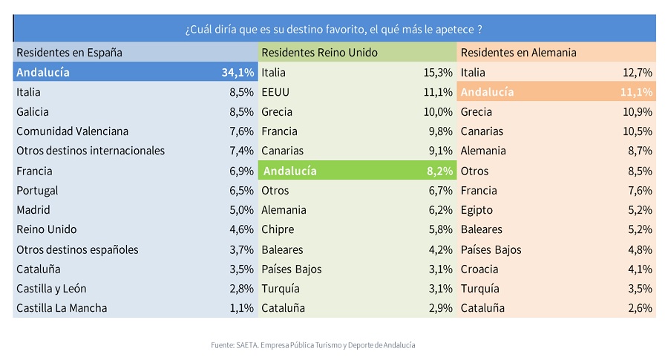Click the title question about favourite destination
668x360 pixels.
(x=333, y=30)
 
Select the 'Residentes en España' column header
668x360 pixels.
(x=70, y=53)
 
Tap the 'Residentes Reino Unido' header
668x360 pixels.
(x=319, y=53)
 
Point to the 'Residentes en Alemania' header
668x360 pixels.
(x=519, y=53)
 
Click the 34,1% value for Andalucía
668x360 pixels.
(x=238, y=73)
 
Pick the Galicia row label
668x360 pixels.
(x=33, y=111)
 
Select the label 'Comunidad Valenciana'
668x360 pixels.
(x=73, y=131)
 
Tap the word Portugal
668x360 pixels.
(x=37, y=191)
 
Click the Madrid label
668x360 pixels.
(x=33, y=209)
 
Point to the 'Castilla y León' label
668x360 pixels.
(x=51, y=289)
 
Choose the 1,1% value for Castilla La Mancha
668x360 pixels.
(x=241, y=308)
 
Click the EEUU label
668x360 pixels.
(x=275, y=92)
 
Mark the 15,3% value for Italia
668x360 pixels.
(x=438, y=73)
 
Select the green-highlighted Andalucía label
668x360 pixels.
(x=289, y=171)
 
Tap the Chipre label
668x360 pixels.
(x=278, y=229)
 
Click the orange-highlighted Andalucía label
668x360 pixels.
(x=488, y=92)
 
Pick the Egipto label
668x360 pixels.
(x=477, y=210)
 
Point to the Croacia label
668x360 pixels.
(x=479, y=269)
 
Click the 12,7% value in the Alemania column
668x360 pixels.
(x=638, y=73)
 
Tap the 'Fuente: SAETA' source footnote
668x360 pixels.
(x=313, y=345)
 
